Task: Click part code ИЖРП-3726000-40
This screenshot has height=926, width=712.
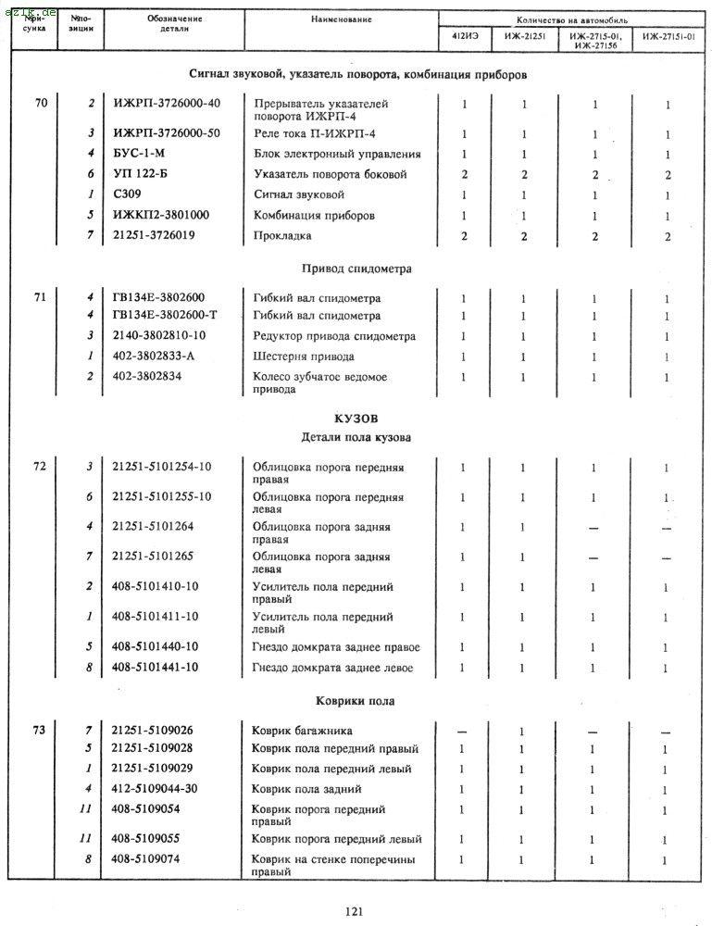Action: [x=167, y=103]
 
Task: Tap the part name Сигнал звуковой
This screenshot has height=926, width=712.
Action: [x=298, y=194]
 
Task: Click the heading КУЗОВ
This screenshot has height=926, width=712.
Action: [x=356, y=419]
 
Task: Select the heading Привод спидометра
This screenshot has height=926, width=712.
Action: [x=356, y=269]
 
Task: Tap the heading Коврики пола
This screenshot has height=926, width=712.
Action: [x=356, y=701]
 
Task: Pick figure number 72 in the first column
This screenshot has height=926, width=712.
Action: [x=39, y=466]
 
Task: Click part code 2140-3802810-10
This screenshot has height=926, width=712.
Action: [x=159, y=336]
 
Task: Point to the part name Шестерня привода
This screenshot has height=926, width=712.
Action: [x=303, y=357]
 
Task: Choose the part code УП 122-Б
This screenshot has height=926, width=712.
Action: [x=139, y=174]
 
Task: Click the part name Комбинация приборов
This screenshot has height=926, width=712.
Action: [x=314, y=215]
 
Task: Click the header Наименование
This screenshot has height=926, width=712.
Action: [x=341, y=19]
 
